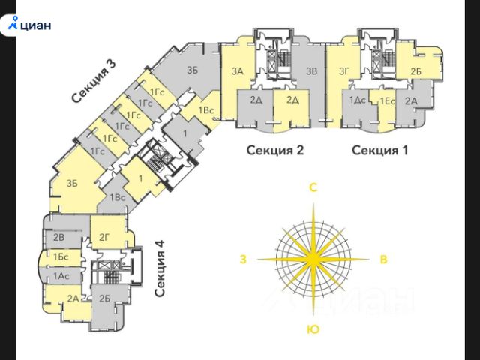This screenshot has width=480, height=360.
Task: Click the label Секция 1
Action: [x=380, y=150]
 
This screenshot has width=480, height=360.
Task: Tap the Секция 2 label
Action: [x=275, y=150]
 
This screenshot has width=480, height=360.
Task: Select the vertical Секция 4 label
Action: [x=160, y=269]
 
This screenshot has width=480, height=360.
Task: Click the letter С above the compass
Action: [x=315, y=188]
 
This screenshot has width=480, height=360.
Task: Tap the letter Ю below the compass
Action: [x=313, y=329]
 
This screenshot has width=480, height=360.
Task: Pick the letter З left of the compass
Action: [x=242, y=259]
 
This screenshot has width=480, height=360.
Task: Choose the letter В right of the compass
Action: [x=383, y=259]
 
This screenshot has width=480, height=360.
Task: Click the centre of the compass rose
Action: [x=313, y=259]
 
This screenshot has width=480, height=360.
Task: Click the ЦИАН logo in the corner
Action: [x=29, y=23]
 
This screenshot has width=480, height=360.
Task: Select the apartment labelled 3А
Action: [x=238, y=72]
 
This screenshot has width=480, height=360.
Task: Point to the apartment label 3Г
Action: [x=345, y=72]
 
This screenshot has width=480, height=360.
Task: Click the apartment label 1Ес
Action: [x=387, y=100]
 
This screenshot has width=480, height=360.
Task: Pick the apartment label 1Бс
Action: [x=61, y=257]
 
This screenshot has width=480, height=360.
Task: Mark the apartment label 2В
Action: [x=60, y=238]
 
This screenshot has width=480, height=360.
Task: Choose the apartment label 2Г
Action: [x=105, y=238]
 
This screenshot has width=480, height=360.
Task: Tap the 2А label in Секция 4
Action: [x=73, y=298]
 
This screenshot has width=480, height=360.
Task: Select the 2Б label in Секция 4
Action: [x=104, y=298]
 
